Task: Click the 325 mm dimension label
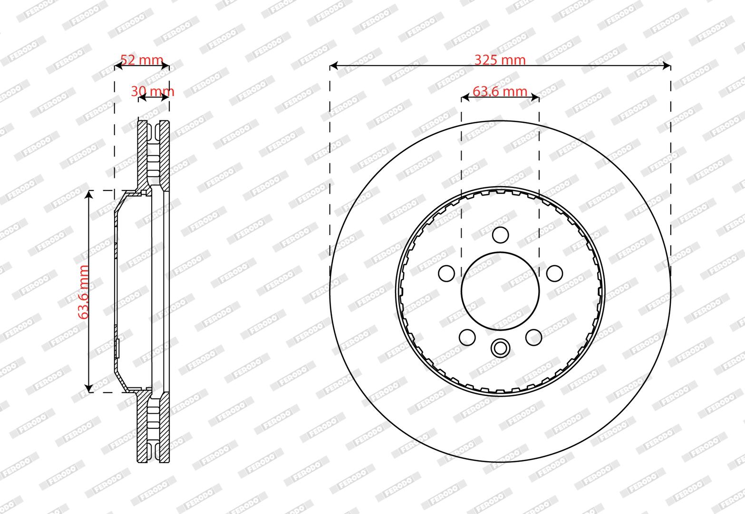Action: tap(500, 60)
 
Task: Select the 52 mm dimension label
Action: tap(142, 60)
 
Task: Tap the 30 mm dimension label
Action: tap(152, 91)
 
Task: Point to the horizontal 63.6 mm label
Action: tap(500, 91)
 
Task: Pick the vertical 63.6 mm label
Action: tap(84, 292)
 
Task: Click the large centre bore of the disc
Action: tap(500, 291)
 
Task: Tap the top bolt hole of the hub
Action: tap(500, 235)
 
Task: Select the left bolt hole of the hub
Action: tap(446, 274)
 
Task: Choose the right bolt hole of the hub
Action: tap(554, 274)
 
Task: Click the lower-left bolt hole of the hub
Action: tap(467, 337)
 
